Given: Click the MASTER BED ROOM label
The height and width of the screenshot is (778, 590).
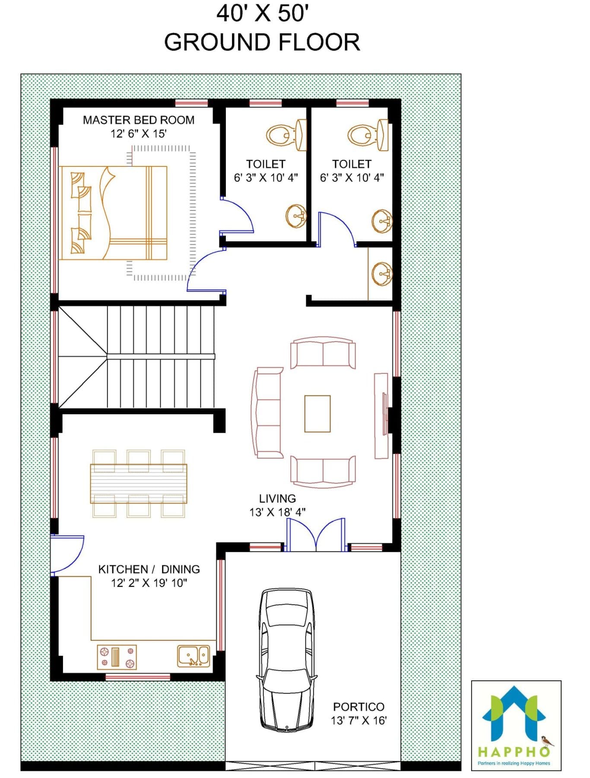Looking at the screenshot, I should [x=138, y=120].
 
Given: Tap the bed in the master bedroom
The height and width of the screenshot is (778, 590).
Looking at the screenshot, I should [x=113, y=213].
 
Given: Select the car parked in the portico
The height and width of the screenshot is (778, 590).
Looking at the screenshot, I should [x=286, y=660].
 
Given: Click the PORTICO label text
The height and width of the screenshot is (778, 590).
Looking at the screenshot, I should [x=358, y=707].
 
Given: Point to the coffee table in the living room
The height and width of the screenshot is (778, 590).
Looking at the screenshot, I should [x=317, y=414].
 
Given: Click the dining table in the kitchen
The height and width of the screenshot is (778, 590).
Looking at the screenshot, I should [x=139, y=484].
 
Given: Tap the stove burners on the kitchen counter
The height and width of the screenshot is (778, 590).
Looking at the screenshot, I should [x=117, y=657].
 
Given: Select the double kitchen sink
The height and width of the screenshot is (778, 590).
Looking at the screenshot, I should [x=193, y=656].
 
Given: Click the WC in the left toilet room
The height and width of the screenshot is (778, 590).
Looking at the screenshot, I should [x=286, y=135].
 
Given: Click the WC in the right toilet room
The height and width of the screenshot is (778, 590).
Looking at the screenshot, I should [x=368, y=135].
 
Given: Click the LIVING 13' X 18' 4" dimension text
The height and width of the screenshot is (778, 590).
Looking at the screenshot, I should [x=277, y=512].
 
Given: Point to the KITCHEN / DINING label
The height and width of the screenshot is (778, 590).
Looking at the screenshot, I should [x=149, y=569].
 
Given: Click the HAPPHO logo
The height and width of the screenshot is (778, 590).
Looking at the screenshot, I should [x=516, y=726].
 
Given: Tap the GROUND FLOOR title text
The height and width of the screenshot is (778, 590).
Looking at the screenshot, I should [x=262, y=42].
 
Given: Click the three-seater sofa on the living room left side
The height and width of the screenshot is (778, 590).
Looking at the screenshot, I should [x=268, y=413].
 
